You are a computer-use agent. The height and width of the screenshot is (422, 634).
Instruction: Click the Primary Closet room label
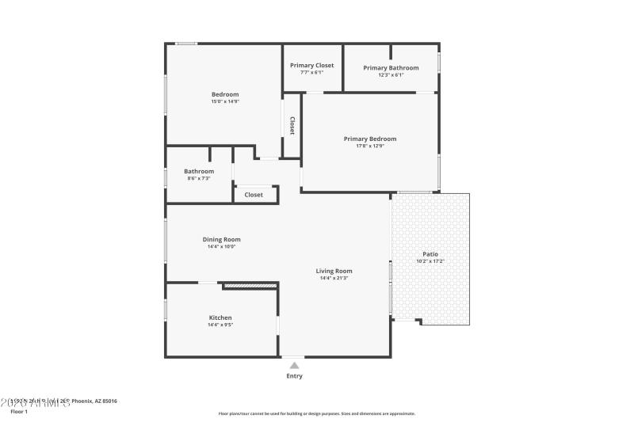pos(311,65)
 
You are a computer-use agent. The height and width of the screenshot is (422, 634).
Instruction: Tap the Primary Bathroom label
pos(391,67)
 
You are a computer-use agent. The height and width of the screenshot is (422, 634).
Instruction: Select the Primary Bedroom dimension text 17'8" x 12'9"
pos(370,146)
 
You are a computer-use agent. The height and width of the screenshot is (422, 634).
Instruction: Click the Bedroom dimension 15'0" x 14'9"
pos(224,101)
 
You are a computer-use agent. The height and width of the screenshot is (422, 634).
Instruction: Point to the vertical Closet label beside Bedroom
pos(292,125)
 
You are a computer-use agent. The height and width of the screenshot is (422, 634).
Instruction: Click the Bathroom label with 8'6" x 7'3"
pos(199,171)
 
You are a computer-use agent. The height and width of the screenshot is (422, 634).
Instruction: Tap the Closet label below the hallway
pos(254,195)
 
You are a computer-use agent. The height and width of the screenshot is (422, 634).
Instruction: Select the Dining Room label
pos(221,239)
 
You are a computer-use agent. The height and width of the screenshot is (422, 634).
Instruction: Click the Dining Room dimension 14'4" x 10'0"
pos(221,246)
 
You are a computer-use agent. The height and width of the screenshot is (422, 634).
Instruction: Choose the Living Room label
pos(334,271)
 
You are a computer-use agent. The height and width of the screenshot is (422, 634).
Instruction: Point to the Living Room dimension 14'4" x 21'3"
pos(334,278)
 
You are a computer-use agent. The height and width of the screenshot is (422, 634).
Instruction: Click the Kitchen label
pos(220,317)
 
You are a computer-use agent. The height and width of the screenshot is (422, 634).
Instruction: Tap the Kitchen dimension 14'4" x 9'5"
pos(220,325)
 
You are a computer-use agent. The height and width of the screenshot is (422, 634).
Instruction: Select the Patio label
pos(430,254)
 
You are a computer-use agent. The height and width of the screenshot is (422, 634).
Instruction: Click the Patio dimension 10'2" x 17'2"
pos(430,261)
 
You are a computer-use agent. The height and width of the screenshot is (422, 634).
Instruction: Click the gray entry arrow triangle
pos(294,365)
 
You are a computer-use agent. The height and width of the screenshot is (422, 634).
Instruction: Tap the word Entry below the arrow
pos(294,376)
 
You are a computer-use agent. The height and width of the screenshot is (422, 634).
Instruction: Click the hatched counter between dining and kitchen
pos(250,285)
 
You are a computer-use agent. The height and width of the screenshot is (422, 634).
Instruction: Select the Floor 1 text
pos(19,412)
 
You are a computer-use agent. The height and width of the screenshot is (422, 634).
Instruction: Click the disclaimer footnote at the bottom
pos(316,413)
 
